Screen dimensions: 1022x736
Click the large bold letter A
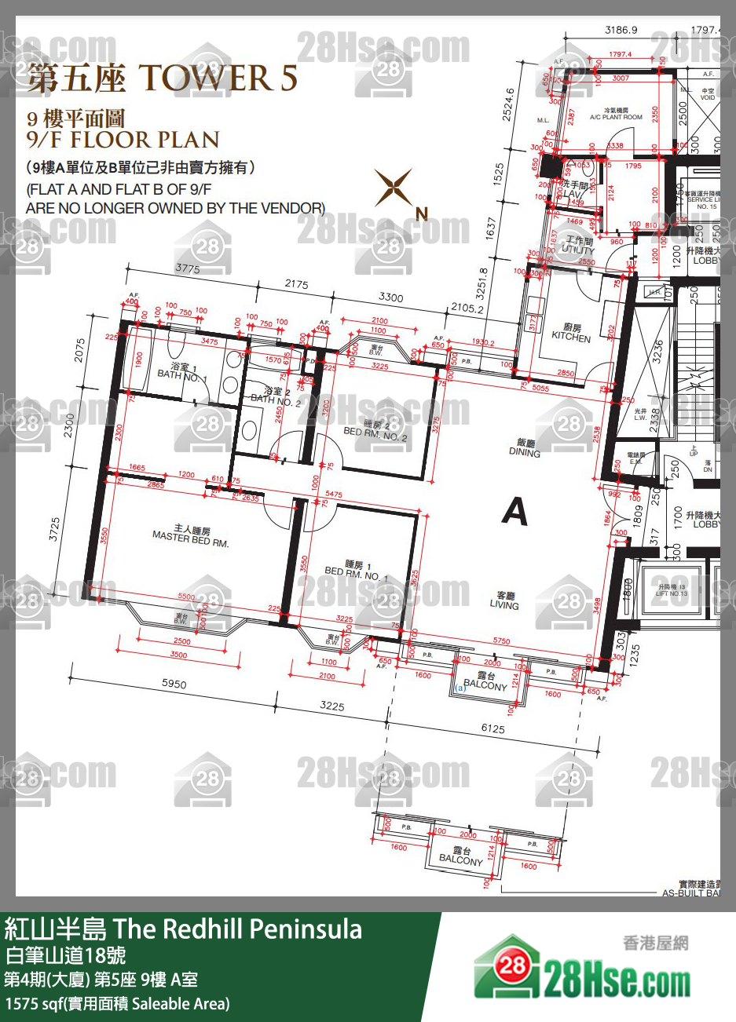515,512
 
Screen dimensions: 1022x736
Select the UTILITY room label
579,246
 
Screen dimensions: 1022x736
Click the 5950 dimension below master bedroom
174,684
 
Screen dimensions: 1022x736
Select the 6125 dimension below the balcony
492,729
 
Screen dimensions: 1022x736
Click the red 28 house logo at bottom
512,965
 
